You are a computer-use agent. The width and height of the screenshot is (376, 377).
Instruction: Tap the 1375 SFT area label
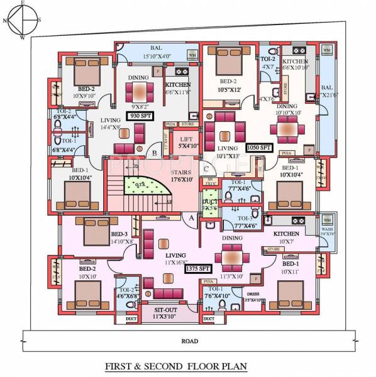pos(197,268)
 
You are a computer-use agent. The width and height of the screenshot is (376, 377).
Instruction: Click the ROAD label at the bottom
pos(188,341)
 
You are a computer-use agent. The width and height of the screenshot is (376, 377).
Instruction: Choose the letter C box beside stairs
pos(206,168)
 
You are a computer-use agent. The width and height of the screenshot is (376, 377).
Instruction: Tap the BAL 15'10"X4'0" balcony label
pos(157,52)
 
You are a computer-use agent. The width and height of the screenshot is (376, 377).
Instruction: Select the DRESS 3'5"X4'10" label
pos(253,297)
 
